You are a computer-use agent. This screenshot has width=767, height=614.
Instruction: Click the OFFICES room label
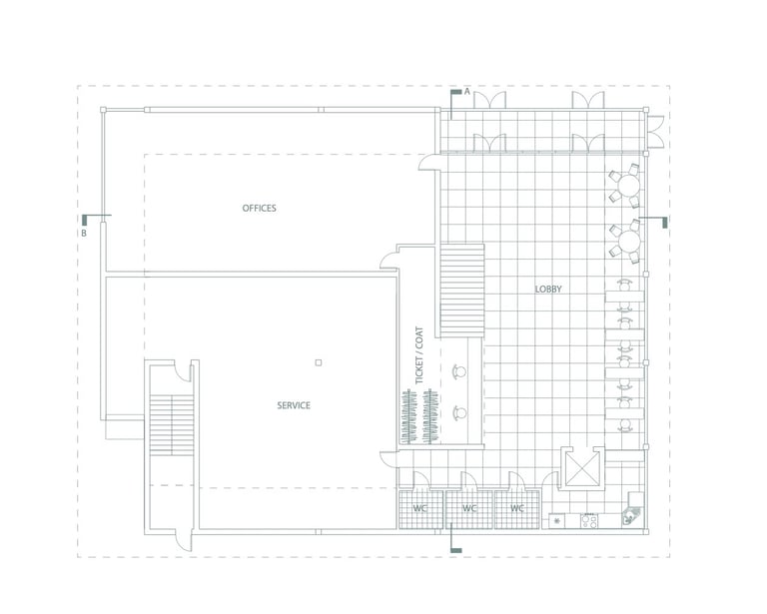pyautogui.click(x=260, y=209)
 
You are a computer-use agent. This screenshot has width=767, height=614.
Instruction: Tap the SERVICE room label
pyautogui.click(x=294, y=405)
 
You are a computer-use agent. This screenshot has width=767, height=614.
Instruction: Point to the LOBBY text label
pyautogui.click(x=548, y=289)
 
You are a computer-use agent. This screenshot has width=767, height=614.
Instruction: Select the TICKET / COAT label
pyautogui.click(x=419, y=354)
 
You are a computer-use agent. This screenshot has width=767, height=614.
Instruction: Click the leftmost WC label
pyautogui.click(x=419, y=508)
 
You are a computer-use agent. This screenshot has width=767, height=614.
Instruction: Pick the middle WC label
pyautogui.click(x=469, y=508)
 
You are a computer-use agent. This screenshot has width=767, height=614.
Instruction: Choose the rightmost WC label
pyautogui.click(x=517, y=508)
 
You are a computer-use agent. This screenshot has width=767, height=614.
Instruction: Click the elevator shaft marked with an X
pyautogui.click(x=581, y=468)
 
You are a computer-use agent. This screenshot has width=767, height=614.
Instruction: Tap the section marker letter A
pyautogui.click(x=467, y=92)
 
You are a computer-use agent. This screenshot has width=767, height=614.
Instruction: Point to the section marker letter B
pyautogui.click(x=84, y=234)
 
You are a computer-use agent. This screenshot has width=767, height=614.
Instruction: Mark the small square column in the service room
pyautogui.click(x=319, y=362)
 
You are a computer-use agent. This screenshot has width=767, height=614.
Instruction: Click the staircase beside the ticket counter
pyautogui.click(x=462, y=291)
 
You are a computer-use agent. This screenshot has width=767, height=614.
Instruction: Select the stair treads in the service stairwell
pyautogui.click(x=172, y=426)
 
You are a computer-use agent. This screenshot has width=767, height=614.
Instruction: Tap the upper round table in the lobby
pyautogui.click(x=628, y=186)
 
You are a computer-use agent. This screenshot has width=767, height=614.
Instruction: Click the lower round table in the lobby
pyautogui.click(x=628, y=241)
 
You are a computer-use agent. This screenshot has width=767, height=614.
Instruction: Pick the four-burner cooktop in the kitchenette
pyautogui.click(x=589, y=521)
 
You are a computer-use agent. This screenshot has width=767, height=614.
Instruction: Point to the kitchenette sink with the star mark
pyautogui.click(x=556, y=521)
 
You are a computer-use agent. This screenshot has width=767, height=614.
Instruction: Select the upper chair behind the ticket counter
pyautogui.click(x=458, y=372)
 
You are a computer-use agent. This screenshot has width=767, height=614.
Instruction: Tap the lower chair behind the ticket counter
pyautogui.click(x=458, y=413)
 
